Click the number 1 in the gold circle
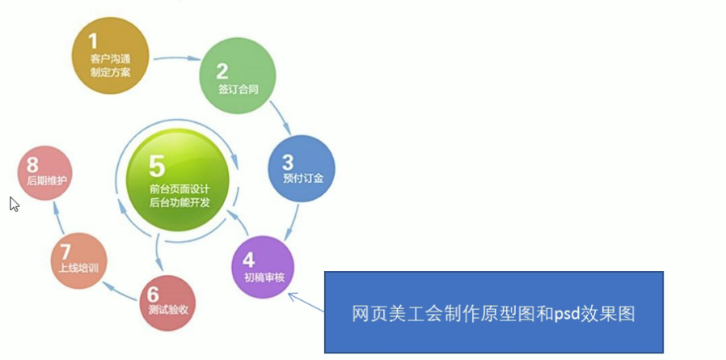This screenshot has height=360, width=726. click(x=93, y=40)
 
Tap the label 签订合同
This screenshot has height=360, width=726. click(x=238, y=90)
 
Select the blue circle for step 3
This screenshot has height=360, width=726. click(x=302, y=168)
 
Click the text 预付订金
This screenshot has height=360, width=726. click(x=303, y=178)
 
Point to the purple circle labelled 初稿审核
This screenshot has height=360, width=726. click(x=263, y=267)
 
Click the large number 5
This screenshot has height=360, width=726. click(x=157, y=167)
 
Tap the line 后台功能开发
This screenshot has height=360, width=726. click(x=180, y=203)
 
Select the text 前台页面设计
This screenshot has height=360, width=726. click(x=180, y=189)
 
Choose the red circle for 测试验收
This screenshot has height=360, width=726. click(x=167, y=303)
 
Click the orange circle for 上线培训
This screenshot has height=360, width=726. click(x=78, y=260)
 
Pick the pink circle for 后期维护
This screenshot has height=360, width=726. click(x=45, y=173)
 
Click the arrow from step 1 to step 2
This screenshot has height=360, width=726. click(x=177, y=58)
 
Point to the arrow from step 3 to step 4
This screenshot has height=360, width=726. click(x=292, y=222)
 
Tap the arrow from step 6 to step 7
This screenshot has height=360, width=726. click(x=121, y=290)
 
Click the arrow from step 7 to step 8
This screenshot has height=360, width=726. click(x=59, y=218)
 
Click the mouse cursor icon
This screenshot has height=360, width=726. click(x=15, y=205)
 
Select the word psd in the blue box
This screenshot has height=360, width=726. click(x=567, y=315)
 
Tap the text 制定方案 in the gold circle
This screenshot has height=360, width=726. click(x=111, y=72)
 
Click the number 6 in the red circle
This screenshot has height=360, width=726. click(x=153, y=294)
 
